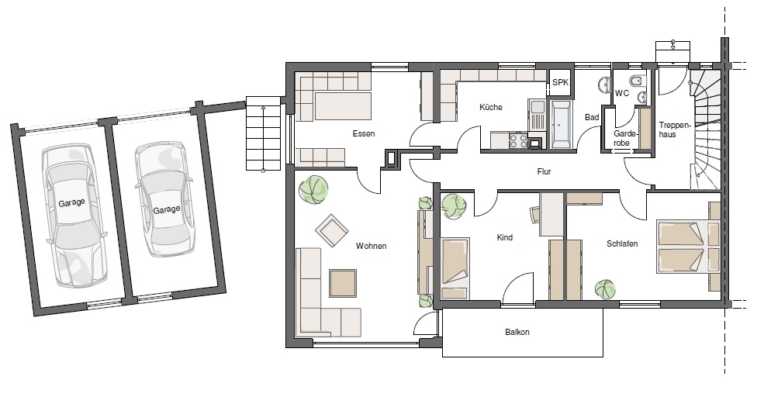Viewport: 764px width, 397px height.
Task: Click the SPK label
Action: point(560,82)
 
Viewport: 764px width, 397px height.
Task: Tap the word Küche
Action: point(491,107)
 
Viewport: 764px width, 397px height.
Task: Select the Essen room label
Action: point(364,133)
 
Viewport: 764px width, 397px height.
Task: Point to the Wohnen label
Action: point(372,246)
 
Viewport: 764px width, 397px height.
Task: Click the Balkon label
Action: point(517,332)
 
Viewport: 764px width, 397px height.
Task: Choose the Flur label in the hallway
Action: point(544,171)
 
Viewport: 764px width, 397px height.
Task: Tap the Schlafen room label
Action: point(622,243)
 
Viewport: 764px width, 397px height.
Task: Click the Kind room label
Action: point(505,238)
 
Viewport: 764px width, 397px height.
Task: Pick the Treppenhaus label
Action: point(675,129)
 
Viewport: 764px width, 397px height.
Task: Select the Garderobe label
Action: point(622,138)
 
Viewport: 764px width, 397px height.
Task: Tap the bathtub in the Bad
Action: point(562,124)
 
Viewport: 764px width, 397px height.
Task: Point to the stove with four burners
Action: point(518,140)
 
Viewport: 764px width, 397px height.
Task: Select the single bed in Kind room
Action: point(455,268)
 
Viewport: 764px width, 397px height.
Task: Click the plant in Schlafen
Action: point(605,289)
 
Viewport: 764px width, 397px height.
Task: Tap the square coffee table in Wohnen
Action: point(343,283)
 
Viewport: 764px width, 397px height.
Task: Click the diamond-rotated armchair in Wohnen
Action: point(331,230)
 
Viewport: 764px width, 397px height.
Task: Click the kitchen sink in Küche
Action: point(538,115)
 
